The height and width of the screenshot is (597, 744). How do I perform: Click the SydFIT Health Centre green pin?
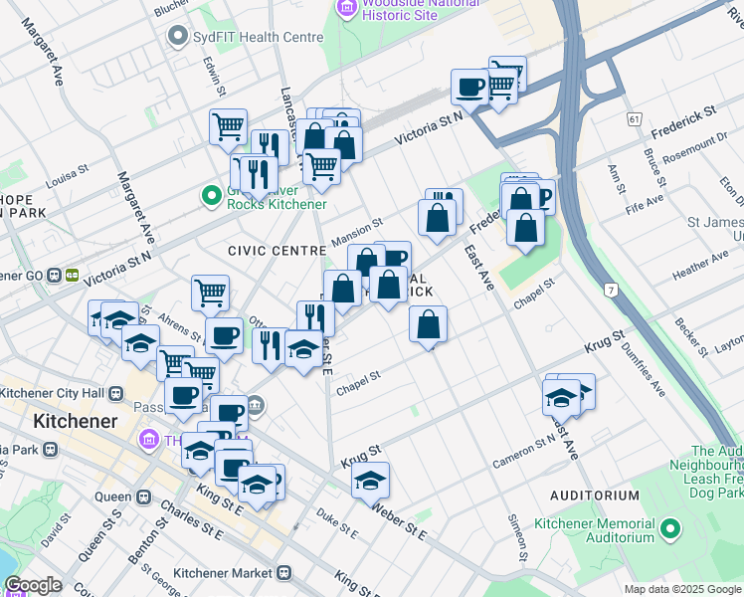coord(179,37)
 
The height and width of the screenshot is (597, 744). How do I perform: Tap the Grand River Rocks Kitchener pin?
coord(211,195)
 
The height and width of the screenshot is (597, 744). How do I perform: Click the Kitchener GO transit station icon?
coord(73,275)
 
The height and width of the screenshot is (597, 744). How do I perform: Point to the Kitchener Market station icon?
coord(284,573)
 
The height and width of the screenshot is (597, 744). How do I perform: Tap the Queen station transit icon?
coord(143,497)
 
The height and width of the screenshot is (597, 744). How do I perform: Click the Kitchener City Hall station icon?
coord(116,392)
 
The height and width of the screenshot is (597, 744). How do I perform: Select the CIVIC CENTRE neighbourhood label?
coord(277,251)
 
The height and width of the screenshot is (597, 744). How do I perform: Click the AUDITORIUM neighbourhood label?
coord(595,495)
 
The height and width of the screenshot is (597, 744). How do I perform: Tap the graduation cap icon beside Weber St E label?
coord(370,481)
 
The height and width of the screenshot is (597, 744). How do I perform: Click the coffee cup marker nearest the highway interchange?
coord(469,87)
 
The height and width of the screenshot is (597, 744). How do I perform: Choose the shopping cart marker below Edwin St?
coord(228,127)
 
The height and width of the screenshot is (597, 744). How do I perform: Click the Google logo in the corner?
coord(33,585)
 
